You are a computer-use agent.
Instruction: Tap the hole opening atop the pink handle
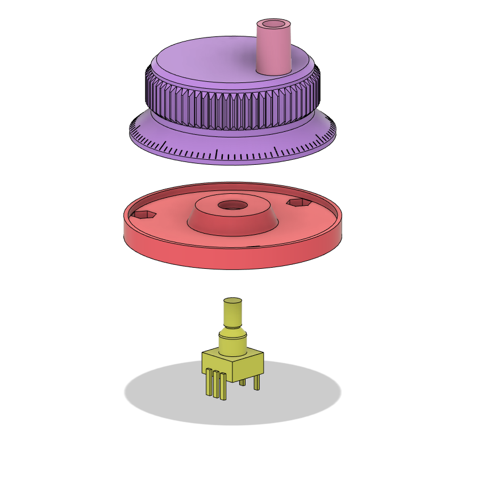coord(274,25)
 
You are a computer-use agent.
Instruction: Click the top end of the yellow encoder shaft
coord(232,301)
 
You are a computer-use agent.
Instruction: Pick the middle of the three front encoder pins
coord(216,385)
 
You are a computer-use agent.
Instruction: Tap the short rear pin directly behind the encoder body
coord(243,383)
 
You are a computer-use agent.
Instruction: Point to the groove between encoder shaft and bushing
coord(232,327)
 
